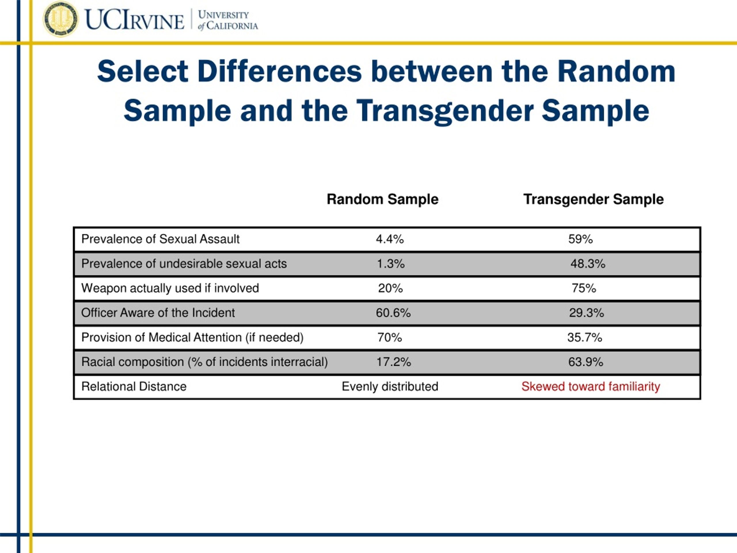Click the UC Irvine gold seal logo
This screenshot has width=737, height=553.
pos(61,19)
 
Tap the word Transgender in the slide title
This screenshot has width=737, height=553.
pos(445,111)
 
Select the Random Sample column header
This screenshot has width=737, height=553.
pos(383,199)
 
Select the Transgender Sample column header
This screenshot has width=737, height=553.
pos(593,199)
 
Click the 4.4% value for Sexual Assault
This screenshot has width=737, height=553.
pos(390,239)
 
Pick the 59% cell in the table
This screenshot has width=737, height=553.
pos(580,239)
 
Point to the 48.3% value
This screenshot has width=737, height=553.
pos(588,264)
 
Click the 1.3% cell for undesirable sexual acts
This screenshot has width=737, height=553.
pos(390,264)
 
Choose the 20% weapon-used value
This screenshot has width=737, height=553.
pos(390,288)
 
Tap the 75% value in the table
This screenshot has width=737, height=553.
pos(584,288)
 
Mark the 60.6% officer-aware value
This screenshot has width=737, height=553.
pos(393,313)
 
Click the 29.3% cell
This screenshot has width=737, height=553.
pos(586,313)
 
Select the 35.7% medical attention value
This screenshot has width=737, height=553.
pos(585,337)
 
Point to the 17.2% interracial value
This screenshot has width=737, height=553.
pos(394,362)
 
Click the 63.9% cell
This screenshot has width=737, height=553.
pos(586,362)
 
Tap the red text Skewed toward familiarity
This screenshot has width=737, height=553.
pos(591,387)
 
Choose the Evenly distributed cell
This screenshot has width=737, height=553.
pos(390,387)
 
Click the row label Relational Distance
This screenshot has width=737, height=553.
pos(134,386)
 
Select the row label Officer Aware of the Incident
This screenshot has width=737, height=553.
pos(158,313)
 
